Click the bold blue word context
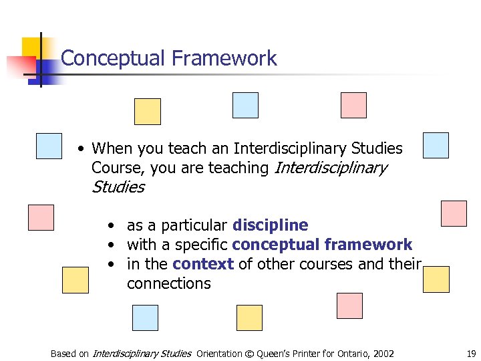(203, 264)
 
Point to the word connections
(168, 283)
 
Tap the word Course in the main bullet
(114, 168)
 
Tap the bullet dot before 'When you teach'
(79, 148)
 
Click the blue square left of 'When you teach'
(49, 146)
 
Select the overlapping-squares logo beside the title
(37, 60)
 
